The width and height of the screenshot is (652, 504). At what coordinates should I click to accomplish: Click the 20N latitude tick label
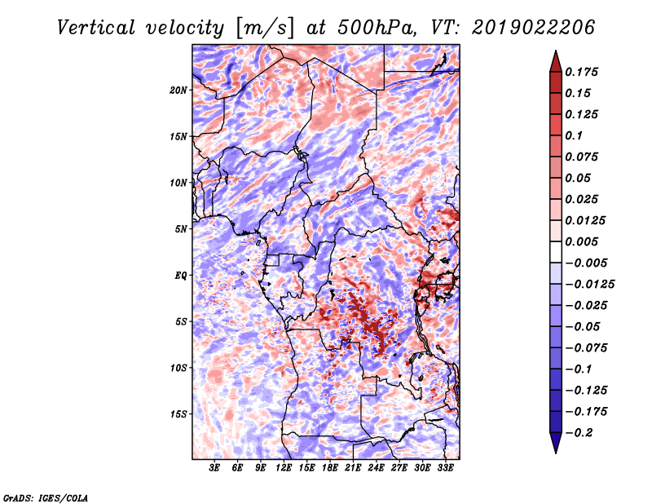(178, 90)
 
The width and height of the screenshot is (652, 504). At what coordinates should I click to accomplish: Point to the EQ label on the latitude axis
(181, 275)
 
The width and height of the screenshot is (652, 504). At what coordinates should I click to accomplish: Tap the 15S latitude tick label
(178, 413)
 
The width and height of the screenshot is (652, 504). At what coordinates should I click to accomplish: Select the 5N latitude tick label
(181, 229)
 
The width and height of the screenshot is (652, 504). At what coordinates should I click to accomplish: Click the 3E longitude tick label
(214, 467)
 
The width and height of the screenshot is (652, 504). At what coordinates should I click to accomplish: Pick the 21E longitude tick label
(352, 467)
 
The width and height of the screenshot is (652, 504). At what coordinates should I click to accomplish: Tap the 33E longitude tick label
(445, 467)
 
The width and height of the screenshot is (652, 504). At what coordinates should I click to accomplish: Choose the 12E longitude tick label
(283, 467)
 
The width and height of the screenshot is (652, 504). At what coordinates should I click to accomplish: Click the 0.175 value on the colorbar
(581, 72)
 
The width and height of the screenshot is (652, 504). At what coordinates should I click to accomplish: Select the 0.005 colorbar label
(581, 241)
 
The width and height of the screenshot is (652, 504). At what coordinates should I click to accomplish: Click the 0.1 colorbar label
(574, 135)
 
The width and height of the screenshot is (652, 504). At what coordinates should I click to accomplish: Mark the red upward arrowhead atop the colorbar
(556, 61)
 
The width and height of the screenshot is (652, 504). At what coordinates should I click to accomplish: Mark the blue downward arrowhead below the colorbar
(556, 443)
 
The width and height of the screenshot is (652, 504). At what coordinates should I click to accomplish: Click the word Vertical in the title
(96, 28)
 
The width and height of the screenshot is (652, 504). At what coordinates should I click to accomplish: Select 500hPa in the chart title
(377, 28)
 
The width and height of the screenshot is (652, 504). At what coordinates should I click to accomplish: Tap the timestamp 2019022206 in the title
(533, 28)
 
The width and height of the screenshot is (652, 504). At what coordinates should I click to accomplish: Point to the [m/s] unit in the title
(265, 29)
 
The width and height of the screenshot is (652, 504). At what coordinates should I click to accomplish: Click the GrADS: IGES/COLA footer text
(46, 498)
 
